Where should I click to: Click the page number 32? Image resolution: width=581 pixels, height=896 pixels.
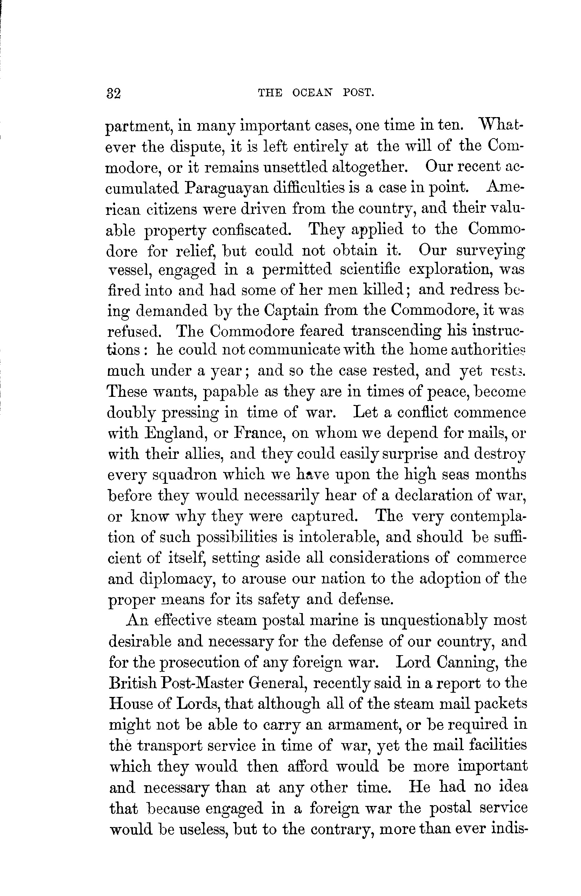tap(113, 93)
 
